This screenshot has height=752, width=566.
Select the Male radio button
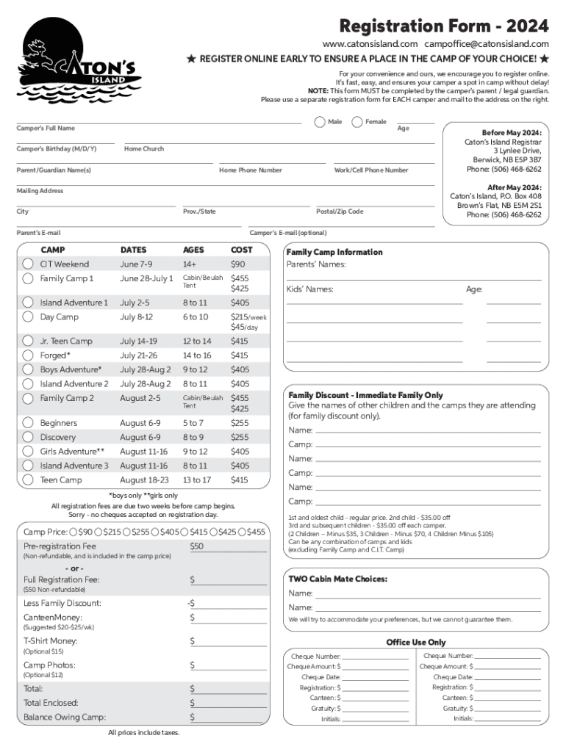(x=320, y=122)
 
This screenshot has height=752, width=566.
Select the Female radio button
(x=357, y=122)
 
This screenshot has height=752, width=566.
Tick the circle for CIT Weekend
(x=28, y=264)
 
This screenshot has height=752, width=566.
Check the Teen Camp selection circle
(x=28, y=480)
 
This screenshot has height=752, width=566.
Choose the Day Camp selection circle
(x=28, y=317)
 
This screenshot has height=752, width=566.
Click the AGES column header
(x=194, y=250)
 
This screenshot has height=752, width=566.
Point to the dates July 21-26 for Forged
(x=138, y=355)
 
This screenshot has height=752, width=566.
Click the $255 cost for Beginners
(x=240, y=423)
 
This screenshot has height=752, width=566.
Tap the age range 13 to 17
(x=196, y=480)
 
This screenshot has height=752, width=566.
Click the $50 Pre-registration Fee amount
(x=197, y=546)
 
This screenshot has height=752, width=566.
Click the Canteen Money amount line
(x=228, y=618)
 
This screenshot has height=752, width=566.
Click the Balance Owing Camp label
(x=65, y=717)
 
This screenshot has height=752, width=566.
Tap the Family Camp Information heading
(x=334, y=252)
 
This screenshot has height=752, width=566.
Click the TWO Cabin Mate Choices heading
(x=337, y=579)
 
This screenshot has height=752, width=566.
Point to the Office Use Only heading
(x=416, y=642)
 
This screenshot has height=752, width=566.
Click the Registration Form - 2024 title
(x=443, y=26)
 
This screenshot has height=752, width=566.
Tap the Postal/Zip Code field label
(x=340, y=211)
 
